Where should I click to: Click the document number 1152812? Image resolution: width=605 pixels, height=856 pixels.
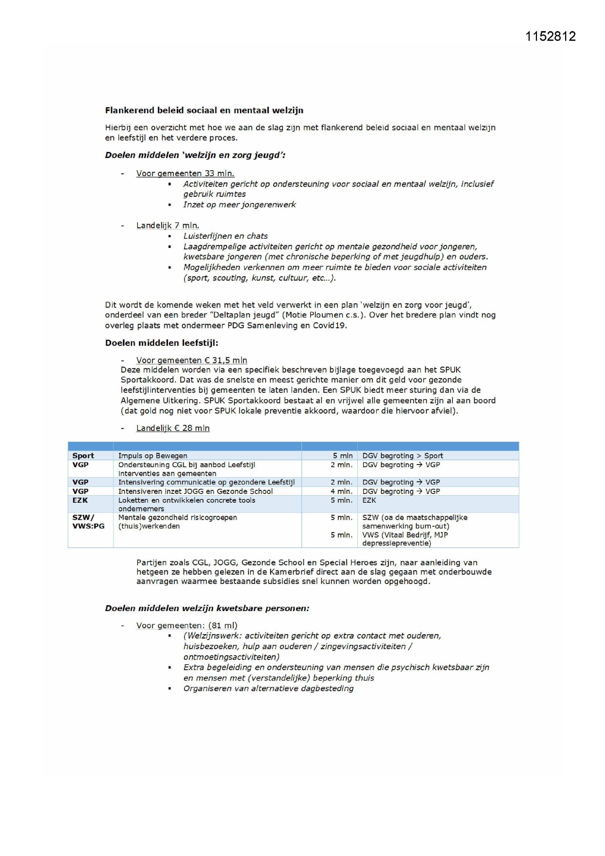point(550,36)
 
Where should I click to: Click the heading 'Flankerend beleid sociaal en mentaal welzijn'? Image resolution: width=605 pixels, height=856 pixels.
point(204,110)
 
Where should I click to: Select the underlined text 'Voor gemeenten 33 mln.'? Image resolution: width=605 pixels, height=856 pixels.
point(185,174)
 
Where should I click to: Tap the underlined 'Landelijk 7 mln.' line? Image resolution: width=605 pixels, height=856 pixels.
point(168,226)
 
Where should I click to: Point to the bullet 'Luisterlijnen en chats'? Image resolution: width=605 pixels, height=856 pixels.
point(225,236)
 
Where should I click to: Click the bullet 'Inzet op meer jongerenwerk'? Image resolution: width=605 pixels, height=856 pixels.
point(240,205)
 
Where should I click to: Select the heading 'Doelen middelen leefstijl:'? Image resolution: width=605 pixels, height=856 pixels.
point(162,343)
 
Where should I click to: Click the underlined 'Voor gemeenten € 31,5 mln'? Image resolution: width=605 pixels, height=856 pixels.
point(191,360)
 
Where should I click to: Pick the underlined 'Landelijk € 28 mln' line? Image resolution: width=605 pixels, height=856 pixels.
point(173,428)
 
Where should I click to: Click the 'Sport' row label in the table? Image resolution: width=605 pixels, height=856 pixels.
point(83,455)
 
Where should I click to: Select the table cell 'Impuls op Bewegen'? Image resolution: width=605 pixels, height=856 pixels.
point(153,455)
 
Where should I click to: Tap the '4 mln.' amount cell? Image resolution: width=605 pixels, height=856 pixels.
point(341,491)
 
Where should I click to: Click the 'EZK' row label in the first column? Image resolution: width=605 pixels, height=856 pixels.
point(80,500)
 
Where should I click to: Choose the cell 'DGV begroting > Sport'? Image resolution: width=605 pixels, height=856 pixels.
point(402,455)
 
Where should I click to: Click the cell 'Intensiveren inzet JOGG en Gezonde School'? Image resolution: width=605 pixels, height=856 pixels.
point(195,491)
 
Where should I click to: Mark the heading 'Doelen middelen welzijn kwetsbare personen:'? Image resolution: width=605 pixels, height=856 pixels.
point(207,608)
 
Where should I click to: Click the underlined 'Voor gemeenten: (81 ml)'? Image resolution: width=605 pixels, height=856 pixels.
point(187,625)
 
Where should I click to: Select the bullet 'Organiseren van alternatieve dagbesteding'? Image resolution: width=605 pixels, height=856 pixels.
point(268,688)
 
